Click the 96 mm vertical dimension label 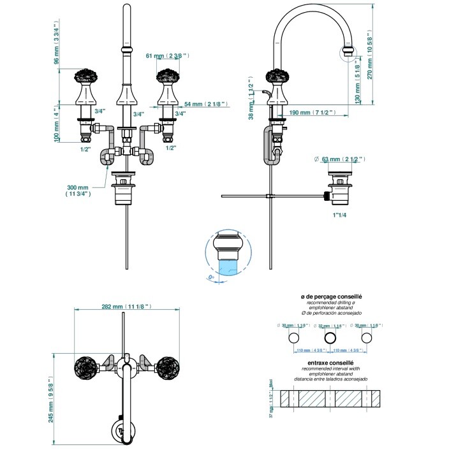(x=56, y=42)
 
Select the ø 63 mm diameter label (x=339, y=158)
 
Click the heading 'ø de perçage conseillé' (x=331, y=297)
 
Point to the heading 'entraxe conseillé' (x=332, y=363)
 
